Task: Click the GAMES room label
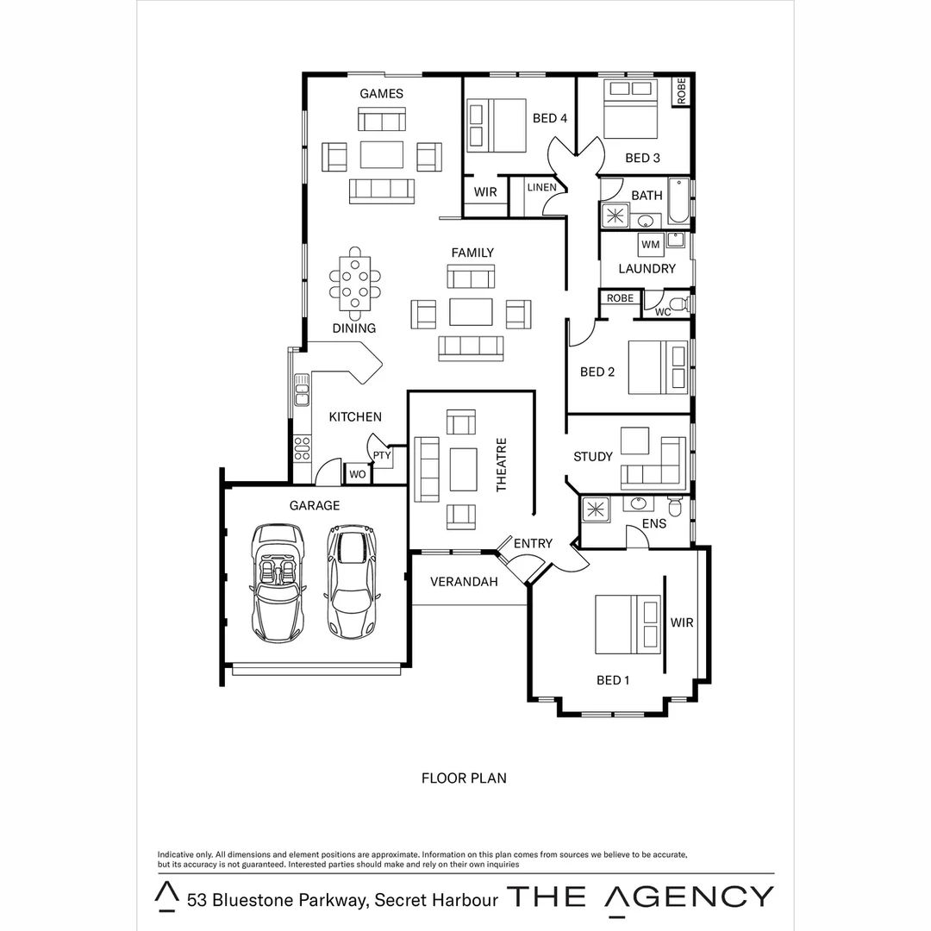tap(381, 93)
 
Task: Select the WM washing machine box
tap(650, 245)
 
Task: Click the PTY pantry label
tap(382, 454)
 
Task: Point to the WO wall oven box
tap(357, 473)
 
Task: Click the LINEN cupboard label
tap(541, 187)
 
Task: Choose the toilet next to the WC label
tap(679, 304)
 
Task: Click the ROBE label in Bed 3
tap(682, 91)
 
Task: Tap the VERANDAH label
tap(464, 582)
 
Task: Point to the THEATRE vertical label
tap(502, 465)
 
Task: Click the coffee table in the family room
tap(471, 311)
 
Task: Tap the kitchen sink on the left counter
tap(301, 390)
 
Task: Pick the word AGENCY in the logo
tap(690, 897)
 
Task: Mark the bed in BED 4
tap(497, 126)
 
